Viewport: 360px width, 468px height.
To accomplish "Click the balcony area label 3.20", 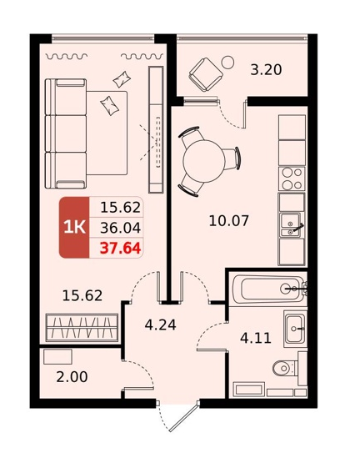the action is point(266,70).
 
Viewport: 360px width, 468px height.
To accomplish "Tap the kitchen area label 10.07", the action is point(228,221).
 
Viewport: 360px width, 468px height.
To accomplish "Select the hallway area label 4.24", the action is point(160,325).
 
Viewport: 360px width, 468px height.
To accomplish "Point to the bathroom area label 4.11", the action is point(256,338).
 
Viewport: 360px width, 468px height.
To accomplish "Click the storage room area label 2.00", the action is point(72,377).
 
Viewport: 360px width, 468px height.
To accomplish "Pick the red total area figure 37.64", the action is point(120,248).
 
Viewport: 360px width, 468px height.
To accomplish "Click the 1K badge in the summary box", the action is point(74,228).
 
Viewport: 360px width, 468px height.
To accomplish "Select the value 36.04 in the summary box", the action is point(120,228).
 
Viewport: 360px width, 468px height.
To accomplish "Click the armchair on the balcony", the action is point(206,75).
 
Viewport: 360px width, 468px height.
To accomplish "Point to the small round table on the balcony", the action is point(227,62).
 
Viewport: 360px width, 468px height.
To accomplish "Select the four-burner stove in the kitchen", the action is point(292,179).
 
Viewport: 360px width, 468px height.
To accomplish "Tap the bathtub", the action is point(267,289).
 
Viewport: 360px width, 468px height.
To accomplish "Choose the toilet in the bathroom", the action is point(285,368).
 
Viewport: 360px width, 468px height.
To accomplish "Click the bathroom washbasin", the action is point(295,329).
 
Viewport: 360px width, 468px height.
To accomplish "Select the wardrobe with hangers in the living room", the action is point(82,327).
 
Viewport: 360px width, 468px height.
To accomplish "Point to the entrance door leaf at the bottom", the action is point(183,417).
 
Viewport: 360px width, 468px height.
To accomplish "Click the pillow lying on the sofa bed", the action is point(109,105).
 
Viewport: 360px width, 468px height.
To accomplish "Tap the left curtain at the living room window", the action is point(67,56).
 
